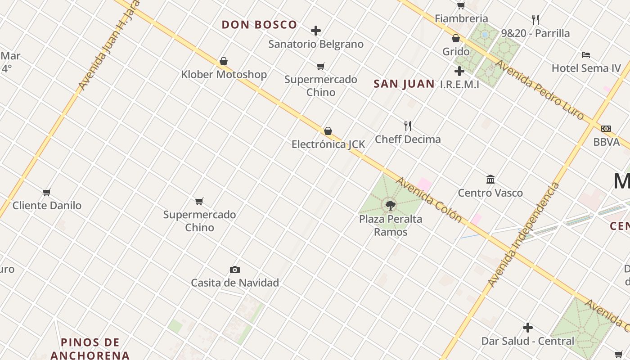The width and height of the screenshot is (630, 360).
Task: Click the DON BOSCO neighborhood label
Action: [x=259, y=25]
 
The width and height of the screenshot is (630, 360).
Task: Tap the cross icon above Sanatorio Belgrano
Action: [x=316, y=31]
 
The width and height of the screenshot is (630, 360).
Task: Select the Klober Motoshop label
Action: [x=224, y=74]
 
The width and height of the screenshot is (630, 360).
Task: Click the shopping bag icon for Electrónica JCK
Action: [x=328, y=131]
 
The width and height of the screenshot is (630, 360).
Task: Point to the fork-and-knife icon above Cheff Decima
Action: [x=408, y=126]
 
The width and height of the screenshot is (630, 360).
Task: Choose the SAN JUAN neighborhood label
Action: [x=404, y=84]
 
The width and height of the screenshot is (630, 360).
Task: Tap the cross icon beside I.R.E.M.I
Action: [x=459, y=71]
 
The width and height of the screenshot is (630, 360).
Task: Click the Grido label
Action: [x=456, y=51]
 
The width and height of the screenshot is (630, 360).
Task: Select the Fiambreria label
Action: [x=461, y=18]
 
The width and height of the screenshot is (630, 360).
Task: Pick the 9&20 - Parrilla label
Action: [x=535, y=33]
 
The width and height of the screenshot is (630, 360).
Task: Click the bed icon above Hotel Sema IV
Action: [x=586, y=55]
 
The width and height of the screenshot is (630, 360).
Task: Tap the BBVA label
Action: [x=606, y=142]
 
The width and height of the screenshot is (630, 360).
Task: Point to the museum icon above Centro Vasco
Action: [x=490, y=180]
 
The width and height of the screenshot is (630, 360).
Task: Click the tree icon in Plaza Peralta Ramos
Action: [x=391, y=206]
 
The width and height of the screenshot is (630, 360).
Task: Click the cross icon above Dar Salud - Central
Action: [x=528, y=328]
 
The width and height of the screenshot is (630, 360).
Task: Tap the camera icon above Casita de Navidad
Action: [x=234, y=270]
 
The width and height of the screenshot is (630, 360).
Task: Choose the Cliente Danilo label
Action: [x=47, y=206]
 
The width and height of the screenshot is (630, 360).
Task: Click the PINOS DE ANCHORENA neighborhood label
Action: [x=90, y=349]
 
